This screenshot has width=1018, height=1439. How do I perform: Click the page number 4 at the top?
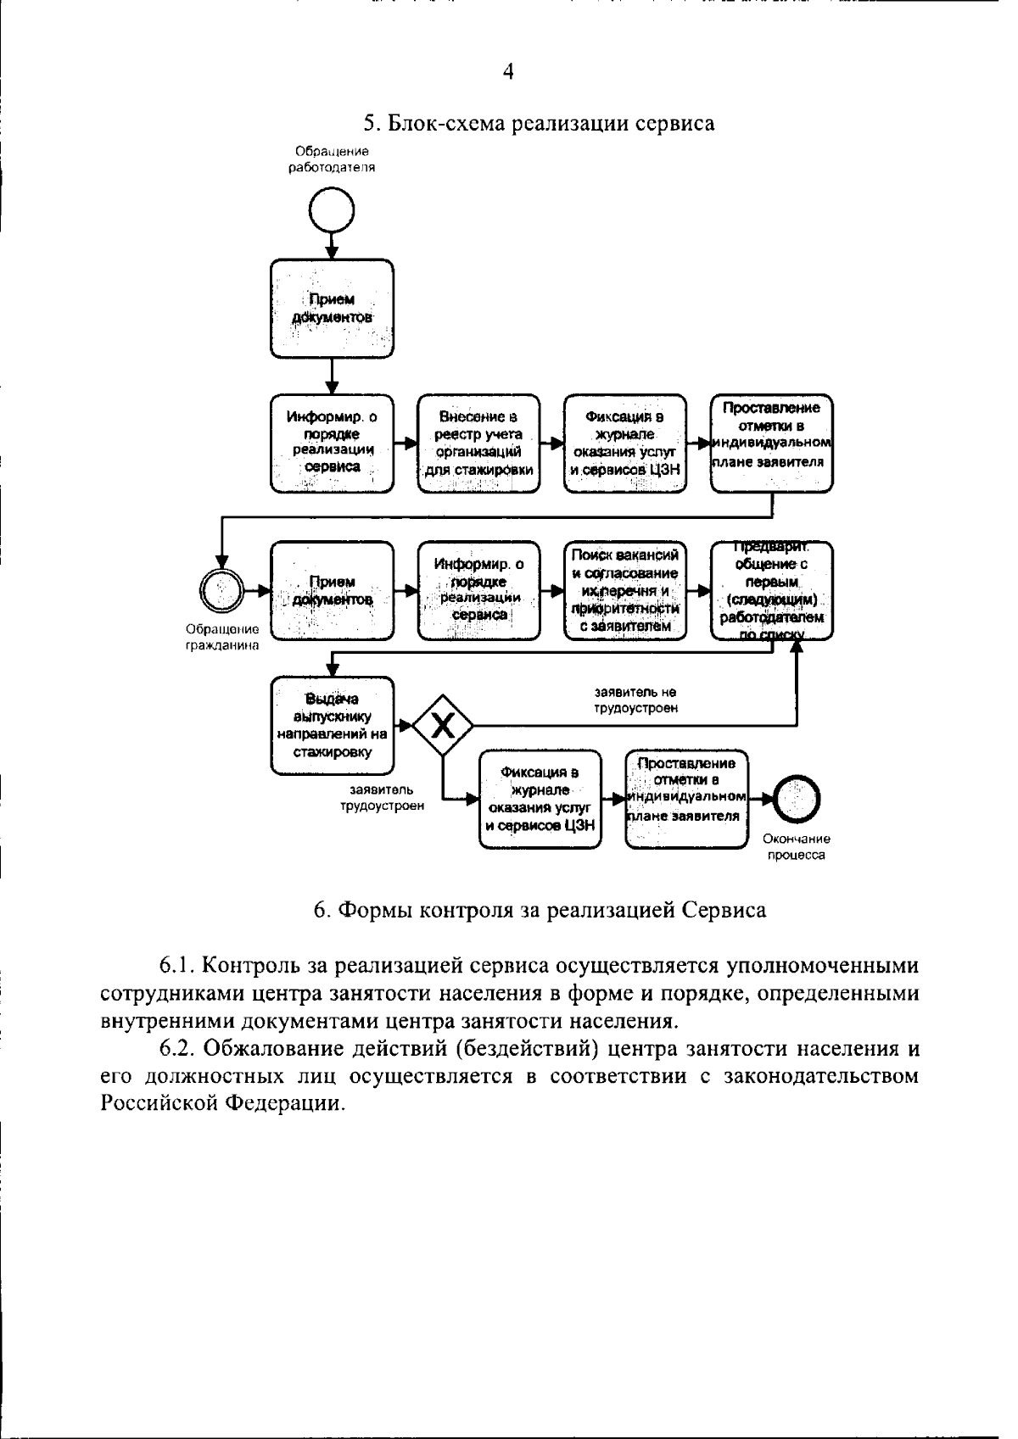tap(507, 72)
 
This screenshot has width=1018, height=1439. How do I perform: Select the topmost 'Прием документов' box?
tap(332, 309)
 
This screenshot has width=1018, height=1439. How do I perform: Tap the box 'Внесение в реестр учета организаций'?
tap(479, 443)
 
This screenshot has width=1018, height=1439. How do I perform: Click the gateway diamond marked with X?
tap(442, 725)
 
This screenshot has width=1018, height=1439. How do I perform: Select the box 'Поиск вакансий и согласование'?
tap(625, 590)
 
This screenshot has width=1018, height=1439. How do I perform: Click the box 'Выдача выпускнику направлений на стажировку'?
tap(332, 725)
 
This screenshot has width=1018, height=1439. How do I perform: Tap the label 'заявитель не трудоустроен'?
tap(635, 700)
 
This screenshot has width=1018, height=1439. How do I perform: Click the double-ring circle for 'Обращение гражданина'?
tap(221, 589)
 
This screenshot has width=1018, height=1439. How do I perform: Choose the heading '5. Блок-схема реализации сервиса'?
tap(539, 124)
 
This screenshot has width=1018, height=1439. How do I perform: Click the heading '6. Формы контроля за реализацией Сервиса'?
tap(540, 910)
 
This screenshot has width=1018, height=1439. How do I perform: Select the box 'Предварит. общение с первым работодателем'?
tap(771, 590)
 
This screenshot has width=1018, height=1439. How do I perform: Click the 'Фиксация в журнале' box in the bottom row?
tap(540, 799)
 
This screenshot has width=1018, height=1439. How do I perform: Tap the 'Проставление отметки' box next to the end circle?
tap(686, 799)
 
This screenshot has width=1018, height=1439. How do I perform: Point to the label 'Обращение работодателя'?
tap(332, 159)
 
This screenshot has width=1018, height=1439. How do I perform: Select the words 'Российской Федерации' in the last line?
tap(222, 1103)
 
